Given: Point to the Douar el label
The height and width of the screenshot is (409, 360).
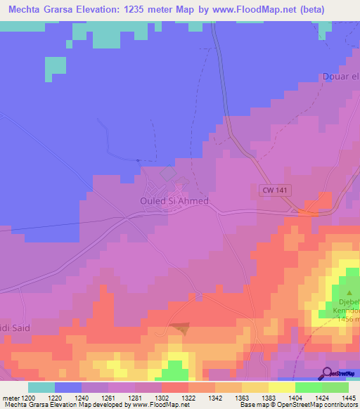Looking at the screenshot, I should click(340, 77).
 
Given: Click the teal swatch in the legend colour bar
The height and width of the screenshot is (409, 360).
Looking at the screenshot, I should click(41, 387).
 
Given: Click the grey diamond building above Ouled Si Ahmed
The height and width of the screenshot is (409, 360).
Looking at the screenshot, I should click(167, 173).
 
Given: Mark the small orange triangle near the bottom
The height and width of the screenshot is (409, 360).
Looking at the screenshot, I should click(181, 327).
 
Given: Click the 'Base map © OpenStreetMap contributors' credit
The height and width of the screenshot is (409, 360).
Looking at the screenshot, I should click(297, 405).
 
